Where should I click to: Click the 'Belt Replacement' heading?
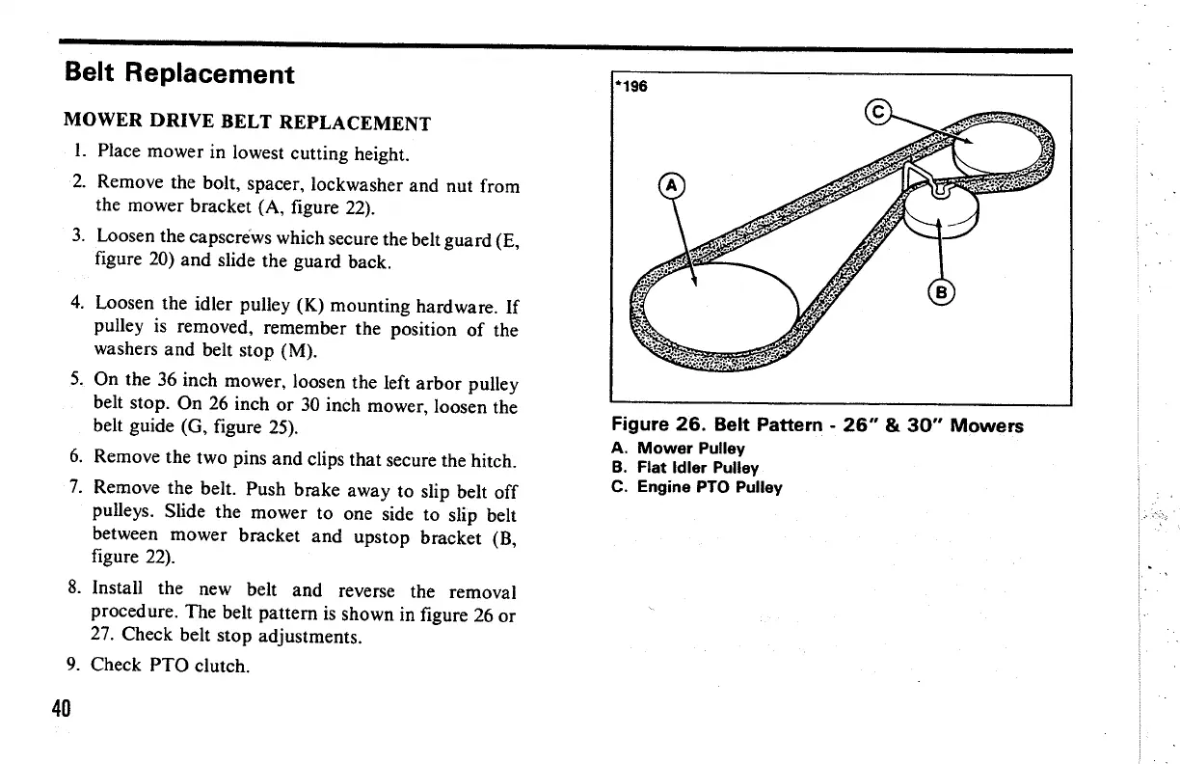click(x=178, y=73)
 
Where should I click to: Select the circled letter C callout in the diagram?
click(x=878, y=112)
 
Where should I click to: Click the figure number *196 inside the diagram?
click(x=632, y=87)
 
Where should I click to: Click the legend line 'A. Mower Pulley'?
click(x=678, y=449)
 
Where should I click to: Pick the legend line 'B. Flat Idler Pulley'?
click(x=685, y=468)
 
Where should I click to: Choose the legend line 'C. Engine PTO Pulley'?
click(x=697, y=487)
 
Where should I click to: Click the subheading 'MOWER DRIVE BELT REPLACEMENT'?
click(x=247, y=123)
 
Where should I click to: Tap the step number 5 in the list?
click(x=75, y=384)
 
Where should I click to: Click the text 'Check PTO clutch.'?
click(x=171, y=665)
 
